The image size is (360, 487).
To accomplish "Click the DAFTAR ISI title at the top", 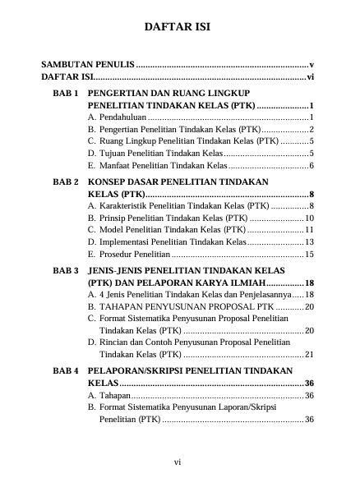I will pyautogui.click(x=178, y=27).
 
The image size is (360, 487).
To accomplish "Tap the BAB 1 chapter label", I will pyautogui.click(x=65, y=94).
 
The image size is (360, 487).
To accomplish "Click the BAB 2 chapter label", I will pyautogui.click(x=65, y=181).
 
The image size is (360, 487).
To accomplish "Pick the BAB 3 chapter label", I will pyautogui.click(x=65, y=269).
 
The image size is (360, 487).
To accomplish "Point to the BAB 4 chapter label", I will pyautogui.click(x=65, y=370).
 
